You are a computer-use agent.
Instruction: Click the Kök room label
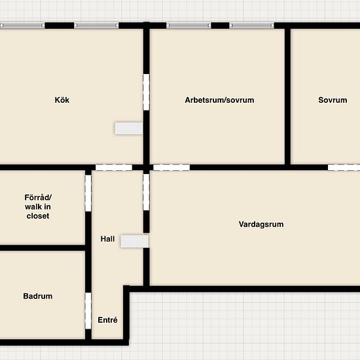tap(62, 100)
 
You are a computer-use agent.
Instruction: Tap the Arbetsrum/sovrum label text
tap(219, 100)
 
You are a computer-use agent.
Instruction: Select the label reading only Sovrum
tap(333, 100)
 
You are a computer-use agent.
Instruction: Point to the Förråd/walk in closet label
tap(38, 207)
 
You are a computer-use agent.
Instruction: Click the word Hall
tap(107, 239)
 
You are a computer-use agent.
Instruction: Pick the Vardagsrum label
tap(261, 225)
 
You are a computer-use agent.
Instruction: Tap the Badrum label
tap(37, 296)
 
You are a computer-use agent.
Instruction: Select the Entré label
tap(107, 320)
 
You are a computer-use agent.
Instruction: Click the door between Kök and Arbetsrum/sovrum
tap(147, 92)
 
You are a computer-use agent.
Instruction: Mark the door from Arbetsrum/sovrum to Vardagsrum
tap(171, 168)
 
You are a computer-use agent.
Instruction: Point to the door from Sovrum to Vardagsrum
tap(344, 168)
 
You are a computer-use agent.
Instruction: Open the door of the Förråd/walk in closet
tap(88, 192)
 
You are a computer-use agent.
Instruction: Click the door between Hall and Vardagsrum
tap(147, 192)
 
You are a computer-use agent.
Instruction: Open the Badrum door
tap(88, 311)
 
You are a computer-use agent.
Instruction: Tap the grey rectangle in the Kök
tap(128, 128)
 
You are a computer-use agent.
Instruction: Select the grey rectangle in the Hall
tap(135, 241)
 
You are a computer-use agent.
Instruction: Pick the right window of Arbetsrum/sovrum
tap(251, 26)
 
